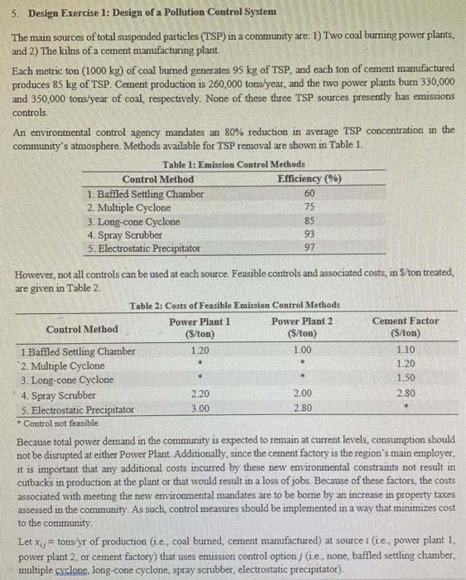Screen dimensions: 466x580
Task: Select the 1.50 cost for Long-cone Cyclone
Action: [x=405, y=379]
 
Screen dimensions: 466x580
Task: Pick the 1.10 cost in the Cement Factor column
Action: [x=405, y=351]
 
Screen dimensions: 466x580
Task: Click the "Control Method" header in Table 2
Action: [x=82, y=329]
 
